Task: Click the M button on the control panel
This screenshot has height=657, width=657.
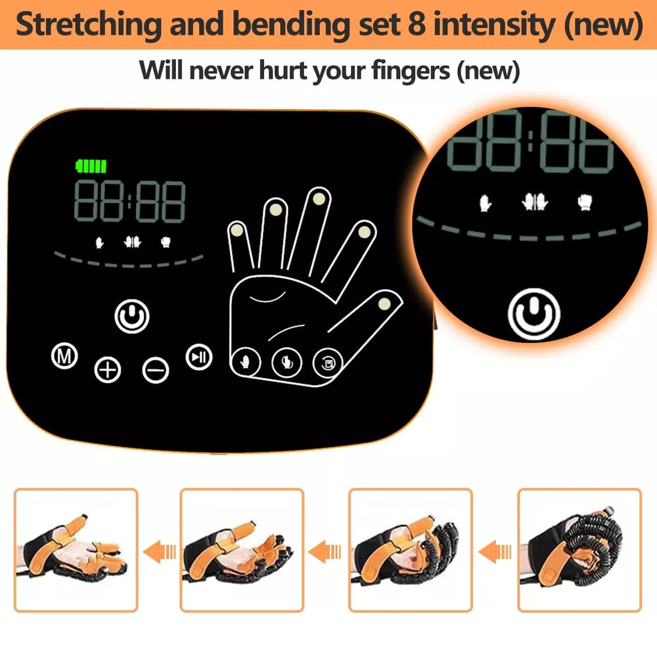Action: tap(64, 357)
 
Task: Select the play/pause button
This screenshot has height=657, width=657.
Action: tap(198, 357)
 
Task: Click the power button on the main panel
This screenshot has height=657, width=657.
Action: tap(132, 316)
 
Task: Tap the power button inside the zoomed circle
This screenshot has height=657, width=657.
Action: tap(533, 313)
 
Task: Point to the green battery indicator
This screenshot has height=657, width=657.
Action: tap(91, 166)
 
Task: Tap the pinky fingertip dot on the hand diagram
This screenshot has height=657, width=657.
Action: tap(237, 230)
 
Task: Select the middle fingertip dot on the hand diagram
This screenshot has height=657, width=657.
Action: tap(319, 196)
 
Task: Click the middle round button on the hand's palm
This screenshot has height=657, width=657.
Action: tap(286, 360)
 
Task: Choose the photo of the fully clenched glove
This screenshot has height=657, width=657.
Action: tap(579, 550)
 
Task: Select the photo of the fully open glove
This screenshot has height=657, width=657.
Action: tap(76, 550)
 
